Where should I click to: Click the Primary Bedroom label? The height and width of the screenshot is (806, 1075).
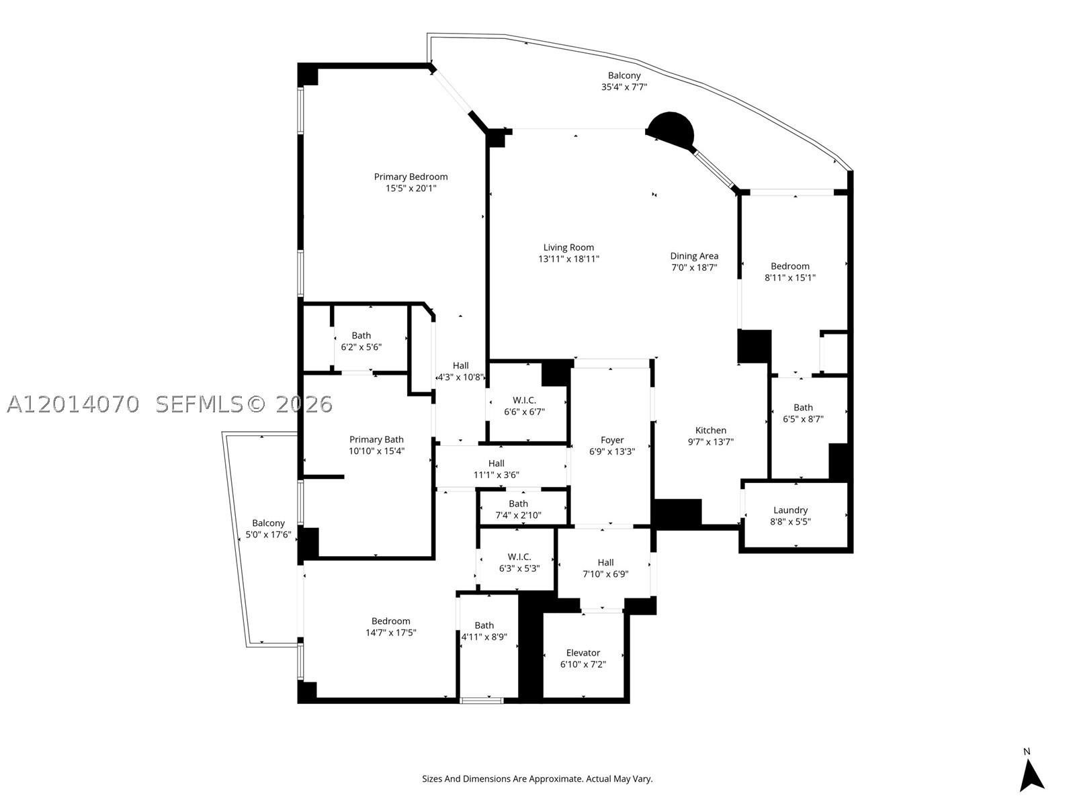411,177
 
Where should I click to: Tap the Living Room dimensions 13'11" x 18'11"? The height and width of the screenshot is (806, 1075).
568,259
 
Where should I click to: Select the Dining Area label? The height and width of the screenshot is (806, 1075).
694,256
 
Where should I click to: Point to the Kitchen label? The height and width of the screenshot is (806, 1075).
711,430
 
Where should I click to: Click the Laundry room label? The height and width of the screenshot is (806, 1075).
790,510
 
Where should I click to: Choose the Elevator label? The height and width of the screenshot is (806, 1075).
583,653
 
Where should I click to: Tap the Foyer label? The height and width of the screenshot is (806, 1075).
612,440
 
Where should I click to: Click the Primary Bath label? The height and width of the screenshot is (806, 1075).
376,439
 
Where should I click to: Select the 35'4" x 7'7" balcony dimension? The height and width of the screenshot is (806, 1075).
624,87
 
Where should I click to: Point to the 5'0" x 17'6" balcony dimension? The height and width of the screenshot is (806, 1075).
268,535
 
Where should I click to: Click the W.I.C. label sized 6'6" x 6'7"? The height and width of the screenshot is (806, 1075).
524,400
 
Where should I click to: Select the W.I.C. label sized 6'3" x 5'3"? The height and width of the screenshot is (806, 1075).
519,557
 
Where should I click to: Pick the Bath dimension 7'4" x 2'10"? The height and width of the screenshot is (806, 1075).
518,514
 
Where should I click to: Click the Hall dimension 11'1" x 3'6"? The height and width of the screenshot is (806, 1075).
496,475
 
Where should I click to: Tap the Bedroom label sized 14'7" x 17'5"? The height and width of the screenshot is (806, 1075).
390,621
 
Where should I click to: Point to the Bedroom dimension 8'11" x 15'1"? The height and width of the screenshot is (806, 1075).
789,277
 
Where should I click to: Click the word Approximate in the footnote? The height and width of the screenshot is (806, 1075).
556,779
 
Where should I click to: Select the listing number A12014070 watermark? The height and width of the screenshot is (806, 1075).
73,404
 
